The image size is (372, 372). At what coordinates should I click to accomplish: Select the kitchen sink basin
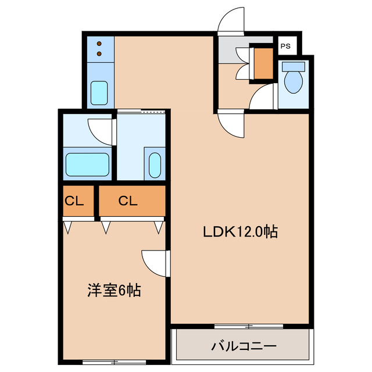coord(99,92)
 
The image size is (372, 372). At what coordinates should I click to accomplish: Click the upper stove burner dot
coord(99,44)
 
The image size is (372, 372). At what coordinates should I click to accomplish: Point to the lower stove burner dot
coord(99,54)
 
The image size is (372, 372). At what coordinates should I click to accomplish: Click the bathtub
coord(87,165)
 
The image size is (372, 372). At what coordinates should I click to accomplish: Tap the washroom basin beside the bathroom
coord(155,165)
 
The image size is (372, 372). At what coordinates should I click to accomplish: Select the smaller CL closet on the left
coord(78,201)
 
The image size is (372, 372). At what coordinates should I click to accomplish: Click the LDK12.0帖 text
coord(239,232)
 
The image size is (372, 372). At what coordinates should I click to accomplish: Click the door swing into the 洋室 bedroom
coord(155,263)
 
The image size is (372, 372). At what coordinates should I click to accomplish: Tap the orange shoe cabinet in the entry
coord(263,63)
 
